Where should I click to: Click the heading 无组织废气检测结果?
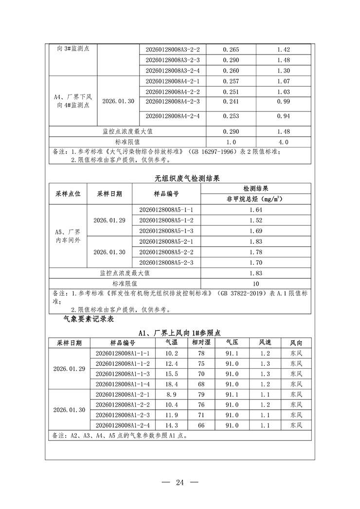[180, 178]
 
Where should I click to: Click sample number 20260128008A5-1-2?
[166, 220]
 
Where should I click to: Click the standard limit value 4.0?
[283, 142]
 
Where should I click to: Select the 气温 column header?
[172, 343]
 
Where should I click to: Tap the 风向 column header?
[296, 343]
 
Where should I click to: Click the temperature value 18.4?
[172, 384]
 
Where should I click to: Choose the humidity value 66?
[201, 425]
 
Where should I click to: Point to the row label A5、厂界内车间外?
[68, 236]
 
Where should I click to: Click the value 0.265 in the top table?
[231, 50]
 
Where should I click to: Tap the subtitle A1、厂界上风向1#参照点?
[180, 333]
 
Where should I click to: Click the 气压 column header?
[232, 343]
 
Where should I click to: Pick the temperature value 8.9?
[172, 395]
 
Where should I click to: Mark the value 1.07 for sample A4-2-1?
[283, 81]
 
